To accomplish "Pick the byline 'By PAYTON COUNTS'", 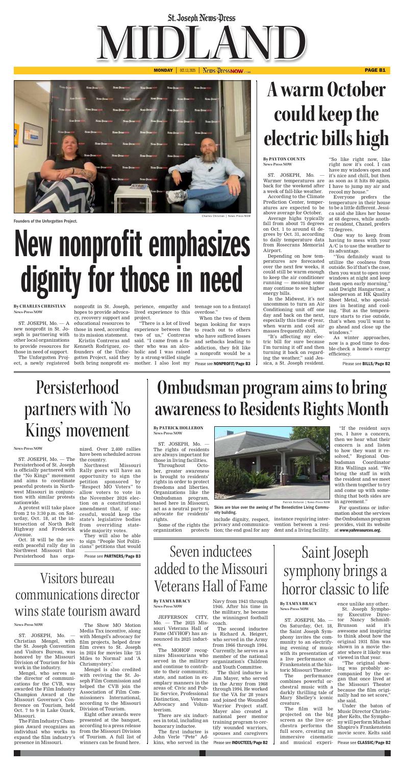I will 284,159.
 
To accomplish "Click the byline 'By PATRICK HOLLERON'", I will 178,428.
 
